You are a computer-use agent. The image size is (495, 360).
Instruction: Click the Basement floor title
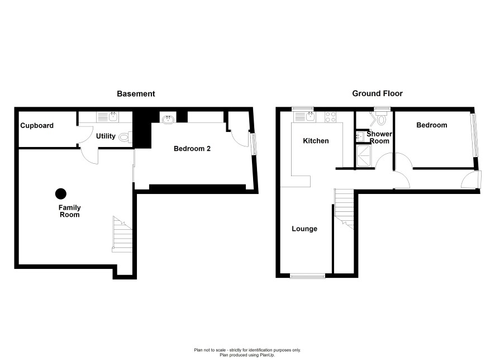coord(136,94)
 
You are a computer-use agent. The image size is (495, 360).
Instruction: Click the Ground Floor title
coord(377,93)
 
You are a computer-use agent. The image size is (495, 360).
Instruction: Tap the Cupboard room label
coord(37,126)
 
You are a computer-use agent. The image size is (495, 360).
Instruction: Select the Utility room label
coord(106,136)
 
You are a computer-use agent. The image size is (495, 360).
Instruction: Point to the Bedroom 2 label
coord(192,149)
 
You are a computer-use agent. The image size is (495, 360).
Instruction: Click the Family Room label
coord(69,211)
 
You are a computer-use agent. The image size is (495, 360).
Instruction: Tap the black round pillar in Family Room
coord(60,194)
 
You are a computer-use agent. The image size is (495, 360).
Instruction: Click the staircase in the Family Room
coord(122,234)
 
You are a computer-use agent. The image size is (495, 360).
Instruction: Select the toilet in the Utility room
coord(125,138)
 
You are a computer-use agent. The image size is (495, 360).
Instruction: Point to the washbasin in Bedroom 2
coord(168,119)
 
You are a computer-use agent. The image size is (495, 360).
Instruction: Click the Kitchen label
coord(316,141)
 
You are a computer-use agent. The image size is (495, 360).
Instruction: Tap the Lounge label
coord(304,229)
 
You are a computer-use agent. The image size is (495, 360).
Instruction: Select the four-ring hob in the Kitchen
coord(331,117)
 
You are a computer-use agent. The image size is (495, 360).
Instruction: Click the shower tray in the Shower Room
coord(364,156)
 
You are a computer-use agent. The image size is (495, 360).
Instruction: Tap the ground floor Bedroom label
coord(431,125)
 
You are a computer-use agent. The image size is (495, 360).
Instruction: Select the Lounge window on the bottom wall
coord(307,276)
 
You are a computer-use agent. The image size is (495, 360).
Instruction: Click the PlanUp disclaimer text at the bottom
coord(247,352)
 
